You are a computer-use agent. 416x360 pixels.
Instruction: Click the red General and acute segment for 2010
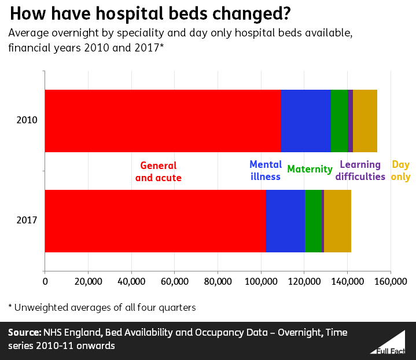pyautogui.click(x=163, y=121)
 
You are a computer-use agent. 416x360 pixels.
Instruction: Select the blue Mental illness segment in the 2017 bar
pyautogui.click(x=285, y=221)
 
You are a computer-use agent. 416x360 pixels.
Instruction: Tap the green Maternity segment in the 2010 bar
pyautogui.click(x=339, y=121)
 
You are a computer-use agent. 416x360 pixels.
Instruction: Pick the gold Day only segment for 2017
pyautogui.click(x=337, y=221)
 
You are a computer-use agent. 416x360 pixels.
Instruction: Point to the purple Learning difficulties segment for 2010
pyautogui.click(x=351, y=121)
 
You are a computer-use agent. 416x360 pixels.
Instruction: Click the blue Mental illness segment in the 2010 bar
pyautogui.click(x=305, y=121)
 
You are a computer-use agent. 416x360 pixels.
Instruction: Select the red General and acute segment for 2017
pyautogui.click(x=155, y=221)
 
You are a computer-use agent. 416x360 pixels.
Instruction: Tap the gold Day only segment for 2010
pyautogui.click(x=365, y=121)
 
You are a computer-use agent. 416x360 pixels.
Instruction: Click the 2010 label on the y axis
pyautogui.click(x=27, y=121)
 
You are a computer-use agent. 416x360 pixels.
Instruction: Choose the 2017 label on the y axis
pyautogui.click(x=27, y=221)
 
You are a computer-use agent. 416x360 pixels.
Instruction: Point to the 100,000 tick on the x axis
pyautogui.click(x=261, y=282)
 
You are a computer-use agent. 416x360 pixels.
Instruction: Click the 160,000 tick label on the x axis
pyautogui.click(x=391, y=282)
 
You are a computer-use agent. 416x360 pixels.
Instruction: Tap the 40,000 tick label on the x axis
pyautogui.click(x=131, y=282)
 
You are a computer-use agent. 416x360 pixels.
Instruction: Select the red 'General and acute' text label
pyautogui.click(x=158, y=172)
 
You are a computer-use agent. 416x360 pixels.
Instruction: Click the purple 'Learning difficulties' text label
pyautogui.click(x=362, y=171)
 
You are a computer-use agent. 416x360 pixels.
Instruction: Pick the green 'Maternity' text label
pyautogui.click(x=310, y=170)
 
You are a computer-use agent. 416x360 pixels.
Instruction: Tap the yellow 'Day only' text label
pyautogui.click(x=400, y=171)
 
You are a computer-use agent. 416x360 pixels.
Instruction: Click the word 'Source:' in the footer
pyautogui.click(x=24, y=333)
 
